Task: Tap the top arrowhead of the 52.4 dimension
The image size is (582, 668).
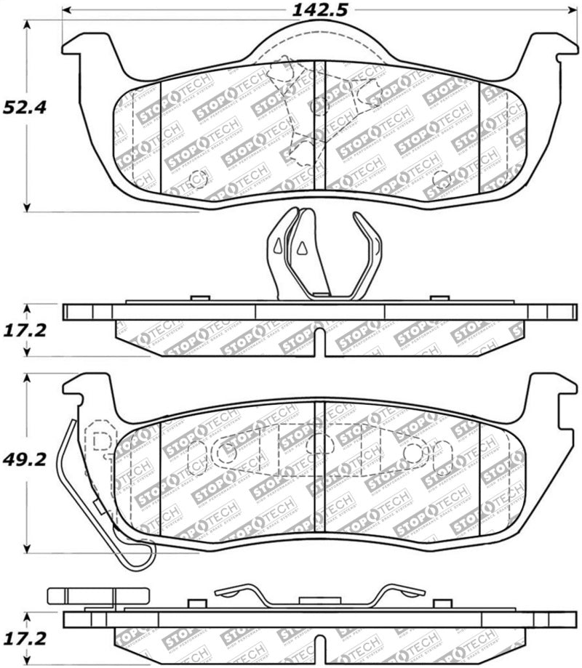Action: point(28,25)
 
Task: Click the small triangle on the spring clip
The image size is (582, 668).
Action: point(299,249)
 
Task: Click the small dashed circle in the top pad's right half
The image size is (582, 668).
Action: point(439,178)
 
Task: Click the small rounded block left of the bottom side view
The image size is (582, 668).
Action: point(82,596)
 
